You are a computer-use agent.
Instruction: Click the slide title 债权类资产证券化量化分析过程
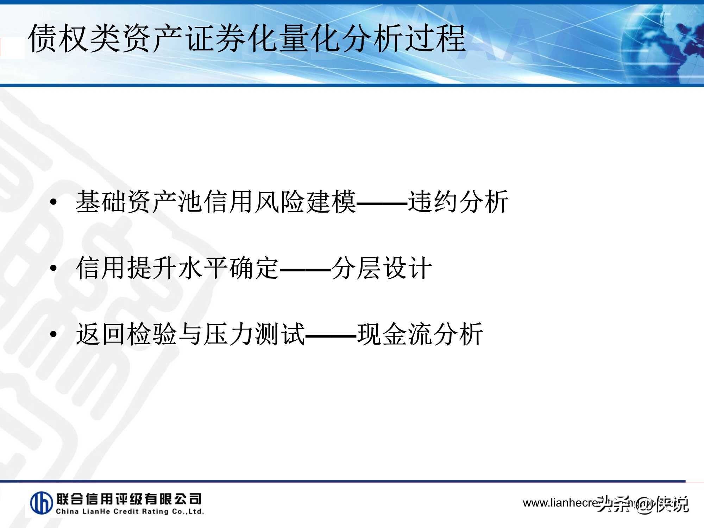(x=246, y=39)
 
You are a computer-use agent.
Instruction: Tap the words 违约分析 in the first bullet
(x=458, y=202)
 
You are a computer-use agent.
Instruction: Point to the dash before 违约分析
(x=382, y=203)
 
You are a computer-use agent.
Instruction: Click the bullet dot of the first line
(x=53, y=202)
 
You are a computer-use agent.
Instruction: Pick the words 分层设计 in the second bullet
(x=381, y=268)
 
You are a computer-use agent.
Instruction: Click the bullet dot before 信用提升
(x=53, y=268)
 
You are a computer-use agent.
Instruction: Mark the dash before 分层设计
(x=305, y=270)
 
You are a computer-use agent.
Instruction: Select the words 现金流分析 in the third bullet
(x=420, y=334)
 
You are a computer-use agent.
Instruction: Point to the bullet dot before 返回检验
(x=53, y=334)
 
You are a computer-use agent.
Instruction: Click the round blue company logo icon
(x=42, y=503)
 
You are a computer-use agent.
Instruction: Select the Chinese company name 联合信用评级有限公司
(x=129, y=498)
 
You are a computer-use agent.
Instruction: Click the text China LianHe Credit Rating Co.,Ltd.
(x=130, y=511)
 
